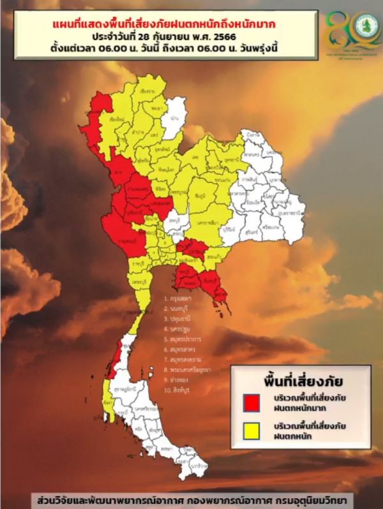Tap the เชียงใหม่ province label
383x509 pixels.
(117, 119)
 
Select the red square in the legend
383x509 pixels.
(252, 402)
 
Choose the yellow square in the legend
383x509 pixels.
(252, 432)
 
